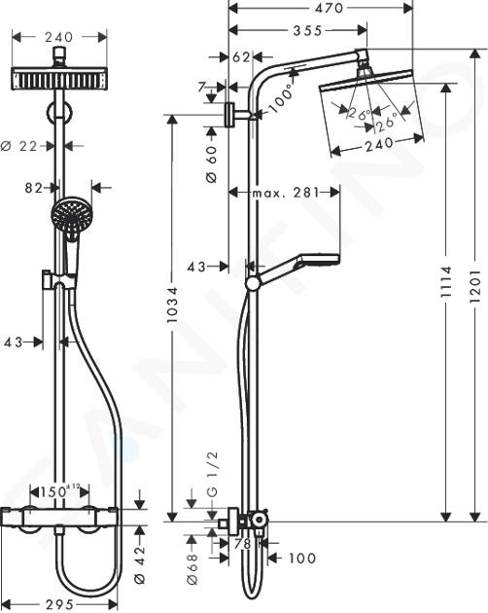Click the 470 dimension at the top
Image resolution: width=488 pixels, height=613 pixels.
coord(329,8)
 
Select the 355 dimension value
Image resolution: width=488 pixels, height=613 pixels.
coord(308,30)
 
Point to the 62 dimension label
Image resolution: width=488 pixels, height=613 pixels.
coord(241,57)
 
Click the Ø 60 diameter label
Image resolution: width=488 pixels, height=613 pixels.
coord(211,164)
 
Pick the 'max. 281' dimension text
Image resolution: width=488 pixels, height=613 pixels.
coord(286,193)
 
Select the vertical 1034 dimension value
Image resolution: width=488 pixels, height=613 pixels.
coord(172,306)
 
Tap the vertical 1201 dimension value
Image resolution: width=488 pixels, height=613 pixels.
coord(474,286)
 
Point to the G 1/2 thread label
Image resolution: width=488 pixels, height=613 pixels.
coord(213,474)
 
